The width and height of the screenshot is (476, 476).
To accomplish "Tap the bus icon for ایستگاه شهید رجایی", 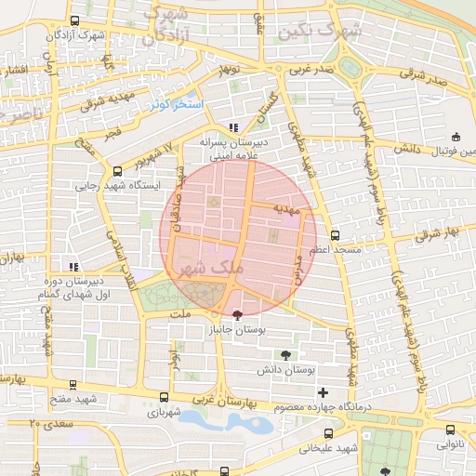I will pos(117,171).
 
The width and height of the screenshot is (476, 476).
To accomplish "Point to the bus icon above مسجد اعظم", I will pos(336,235).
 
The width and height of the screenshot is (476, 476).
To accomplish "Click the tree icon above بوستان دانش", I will pos(285,354).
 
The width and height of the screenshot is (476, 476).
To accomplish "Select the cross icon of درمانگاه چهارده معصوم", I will pos(323,392).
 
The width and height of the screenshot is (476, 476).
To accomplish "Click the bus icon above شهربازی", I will pos(164,396).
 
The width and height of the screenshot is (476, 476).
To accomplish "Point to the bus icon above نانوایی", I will pos(451,430).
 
